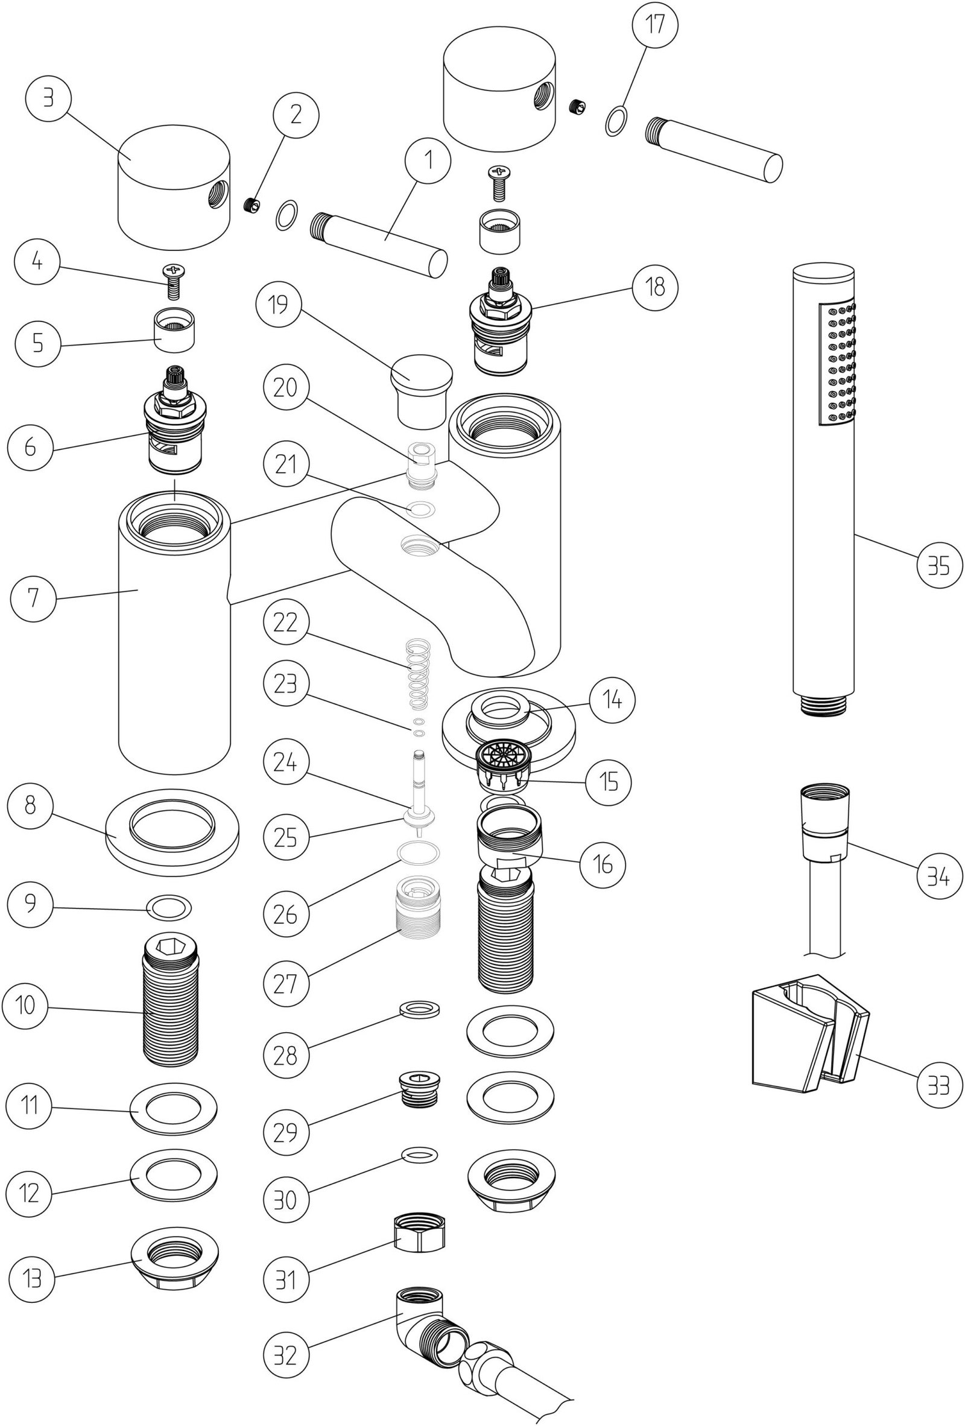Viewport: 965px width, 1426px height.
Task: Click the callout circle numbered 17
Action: point(656,27)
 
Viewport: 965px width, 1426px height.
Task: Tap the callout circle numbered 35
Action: point(939,566)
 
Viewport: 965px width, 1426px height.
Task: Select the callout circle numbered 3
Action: point(48,98)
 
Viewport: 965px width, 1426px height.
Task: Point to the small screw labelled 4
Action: point(173,280)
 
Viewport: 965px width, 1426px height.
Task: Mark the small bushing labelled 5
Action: point(173,331)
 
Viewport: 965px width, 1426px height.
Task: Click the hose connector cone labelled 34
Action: point(824,821)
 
